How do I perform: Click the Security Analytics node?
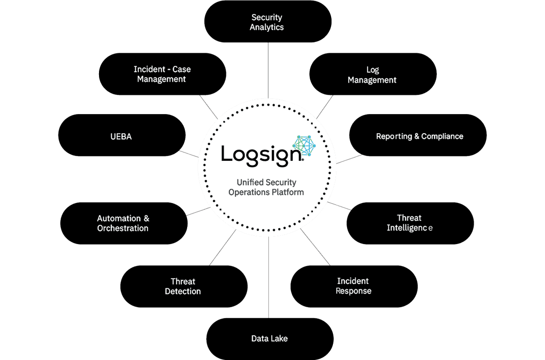[268, 21]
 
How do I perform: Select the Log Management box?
[373, 74]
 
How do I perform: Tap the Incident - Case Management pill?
[162, 74]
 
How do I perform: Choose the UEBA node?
[122, 135]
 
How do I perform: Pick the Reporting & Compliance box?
[418, 135]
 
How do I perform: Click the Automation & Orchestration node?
[124, 223]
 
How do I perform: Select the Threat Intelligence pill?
[410, 223]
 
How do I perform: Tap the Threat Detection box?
[184, 286]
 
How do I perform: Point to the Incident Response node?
[354, 286]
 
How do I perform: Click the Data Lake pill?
[270, 339]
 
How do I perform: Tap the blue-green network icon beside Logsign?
[304, 145]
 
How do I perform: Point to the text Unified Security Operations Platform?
[266, 187]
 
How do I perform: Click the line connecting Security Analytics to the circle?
[268, 70]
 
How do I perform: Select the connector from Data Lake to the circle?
[268, 277]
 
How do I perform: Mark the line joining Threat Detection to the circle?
[223, 247]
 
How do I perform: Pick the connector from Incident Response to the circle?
[315, 247]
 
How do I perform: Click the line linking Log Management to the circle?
[325, 107]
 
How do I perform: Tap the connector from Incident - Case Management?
[209, 107]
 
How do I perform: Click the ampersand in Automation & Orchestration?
[146, 219]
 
